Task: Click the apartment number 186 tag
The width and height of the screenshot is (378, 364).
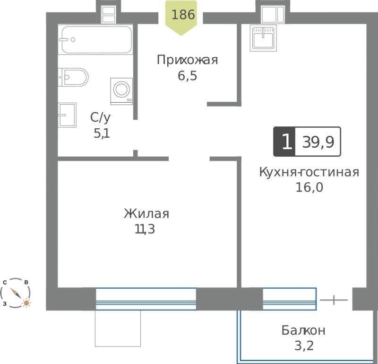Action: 181,18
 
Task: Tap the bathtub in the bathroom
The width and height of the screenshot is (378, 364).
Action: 97,40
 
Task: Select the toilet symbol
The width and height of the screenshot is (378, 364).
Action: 73,77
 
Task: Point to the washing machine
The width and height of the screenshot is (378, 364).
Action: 121,91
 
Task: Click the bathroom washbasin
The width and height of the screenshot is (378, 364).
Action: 67,115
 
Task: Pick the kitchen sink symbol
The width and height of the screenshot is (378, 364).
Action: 263,38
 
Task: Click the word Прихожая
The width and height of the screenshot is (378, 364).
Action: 187,60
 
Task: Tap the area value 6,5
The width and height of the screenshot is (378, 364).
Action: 187,76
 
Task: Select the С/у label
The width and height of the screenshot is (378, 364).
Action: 100,118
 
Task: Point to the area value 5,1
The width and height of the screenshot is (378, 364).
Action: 102,133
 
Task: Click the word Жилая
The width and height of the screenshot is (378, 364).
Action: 146,214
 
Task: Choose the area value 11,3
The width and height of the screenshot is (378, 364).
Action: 145,229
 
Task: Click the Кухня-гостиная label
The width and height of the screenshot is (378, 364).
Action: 309,172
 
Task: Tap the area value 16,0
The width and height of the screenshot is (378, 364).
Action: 309,187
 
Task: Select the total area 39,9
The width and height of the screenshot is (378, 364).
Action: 318,142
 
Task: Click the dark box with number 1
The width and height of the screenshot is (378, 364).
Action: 284,142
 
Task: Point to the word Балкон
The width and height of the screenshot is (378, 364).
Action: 303,330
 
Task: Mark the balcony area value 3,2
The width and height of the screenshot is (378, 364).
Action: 304,346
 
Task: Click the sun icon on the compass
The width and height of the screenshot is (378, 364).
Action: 26,302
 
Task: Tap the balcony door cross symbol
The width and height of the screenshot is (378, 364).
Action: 334,300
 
